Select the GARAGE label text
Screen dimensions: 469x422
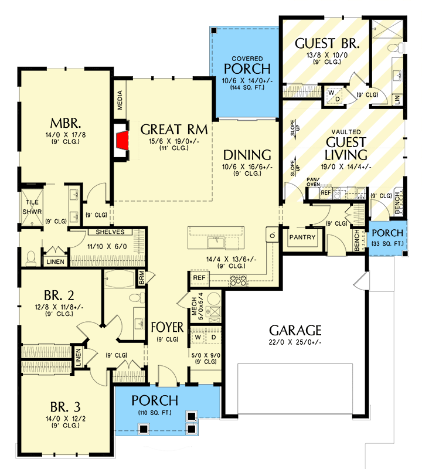click(x=295, y=330)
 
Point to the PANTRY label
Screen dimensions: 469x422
click(x=302, y=237)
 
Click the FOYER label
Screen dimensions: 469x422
click(x=166, y=326)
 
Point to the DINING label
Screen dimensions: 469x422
click(x=247, y=155)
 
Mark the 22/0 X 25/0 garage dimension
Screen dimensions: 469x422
click(x=295, y=343)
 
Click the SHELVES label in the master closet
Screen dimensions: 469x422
click(x=106, y=232)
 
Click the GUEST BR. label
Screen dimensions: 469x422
click(x=326, y=43)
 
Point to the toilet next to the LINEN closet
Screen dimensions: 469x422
click(x=31, y=257)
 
